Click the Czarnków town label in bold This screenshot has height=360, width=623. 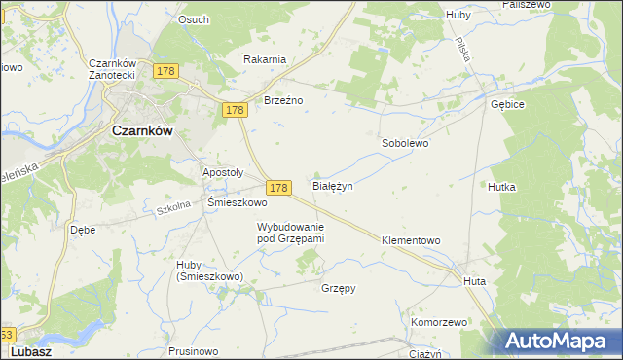(x=143, y=132)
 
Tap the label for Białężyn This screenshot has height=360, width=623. (x=332, y=184)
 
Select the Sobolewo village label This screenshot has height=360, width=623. (x=404, y=143)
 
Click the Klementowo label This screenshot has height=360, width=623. (x=411, y=239)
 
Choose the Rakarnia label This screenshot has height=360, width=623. (x=265, y=59)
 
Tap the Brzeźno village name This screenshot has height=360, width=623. (x=284, y=100)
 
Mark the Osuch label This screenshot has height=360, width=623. (x=194, y=19)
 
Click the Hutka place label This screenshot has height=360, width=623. (x=501, y=186)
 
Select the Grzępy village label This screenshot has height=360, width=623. (x=339, y=288)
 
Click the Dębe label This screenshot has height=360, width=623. (x=82, y=231)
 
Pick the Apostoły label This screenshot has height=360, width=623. (x=222, y=172)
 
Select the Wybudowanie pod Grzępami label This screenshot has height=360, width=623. (x=290, y=232)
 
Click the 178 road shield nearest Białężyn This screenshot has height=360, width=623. (x=278, y=187)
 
